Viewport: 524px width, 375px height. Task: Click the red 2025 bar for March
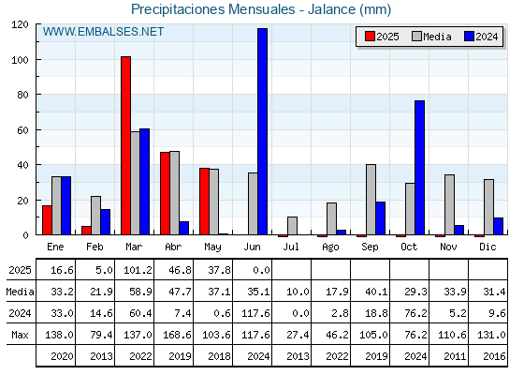click(125, 145)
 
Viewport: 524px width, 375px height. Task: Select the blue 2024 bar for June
click(262, 131)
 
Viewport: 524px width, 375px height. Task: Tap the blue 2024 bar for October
click(420, 168)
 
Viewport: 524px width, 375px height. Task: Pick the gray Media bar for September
click(371, 200)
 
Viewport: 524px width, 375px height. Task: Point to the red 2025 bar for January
click(47, 220)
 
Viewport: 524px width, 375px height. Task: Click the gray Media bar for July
click(292, 226)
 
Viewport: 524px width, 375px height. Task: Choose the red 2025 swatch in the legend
click(370, 37)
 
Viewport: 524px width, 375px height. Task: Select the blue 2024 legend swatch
click(469, 37)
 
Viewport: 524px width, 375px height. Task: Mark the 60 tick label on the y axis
click(23, 130)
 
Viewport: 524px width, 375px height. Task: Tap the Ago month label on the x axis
click(331, 247)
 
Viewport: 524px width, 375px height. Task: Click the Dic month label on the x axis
click(488, 247)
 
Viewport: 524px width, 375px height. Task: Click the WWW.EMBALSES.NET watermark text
click(103, 32)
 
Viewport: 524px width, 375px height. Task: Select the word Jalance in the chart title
click(332, 9)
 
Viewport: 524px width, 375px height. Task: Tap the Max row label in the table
click(20, 335)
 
